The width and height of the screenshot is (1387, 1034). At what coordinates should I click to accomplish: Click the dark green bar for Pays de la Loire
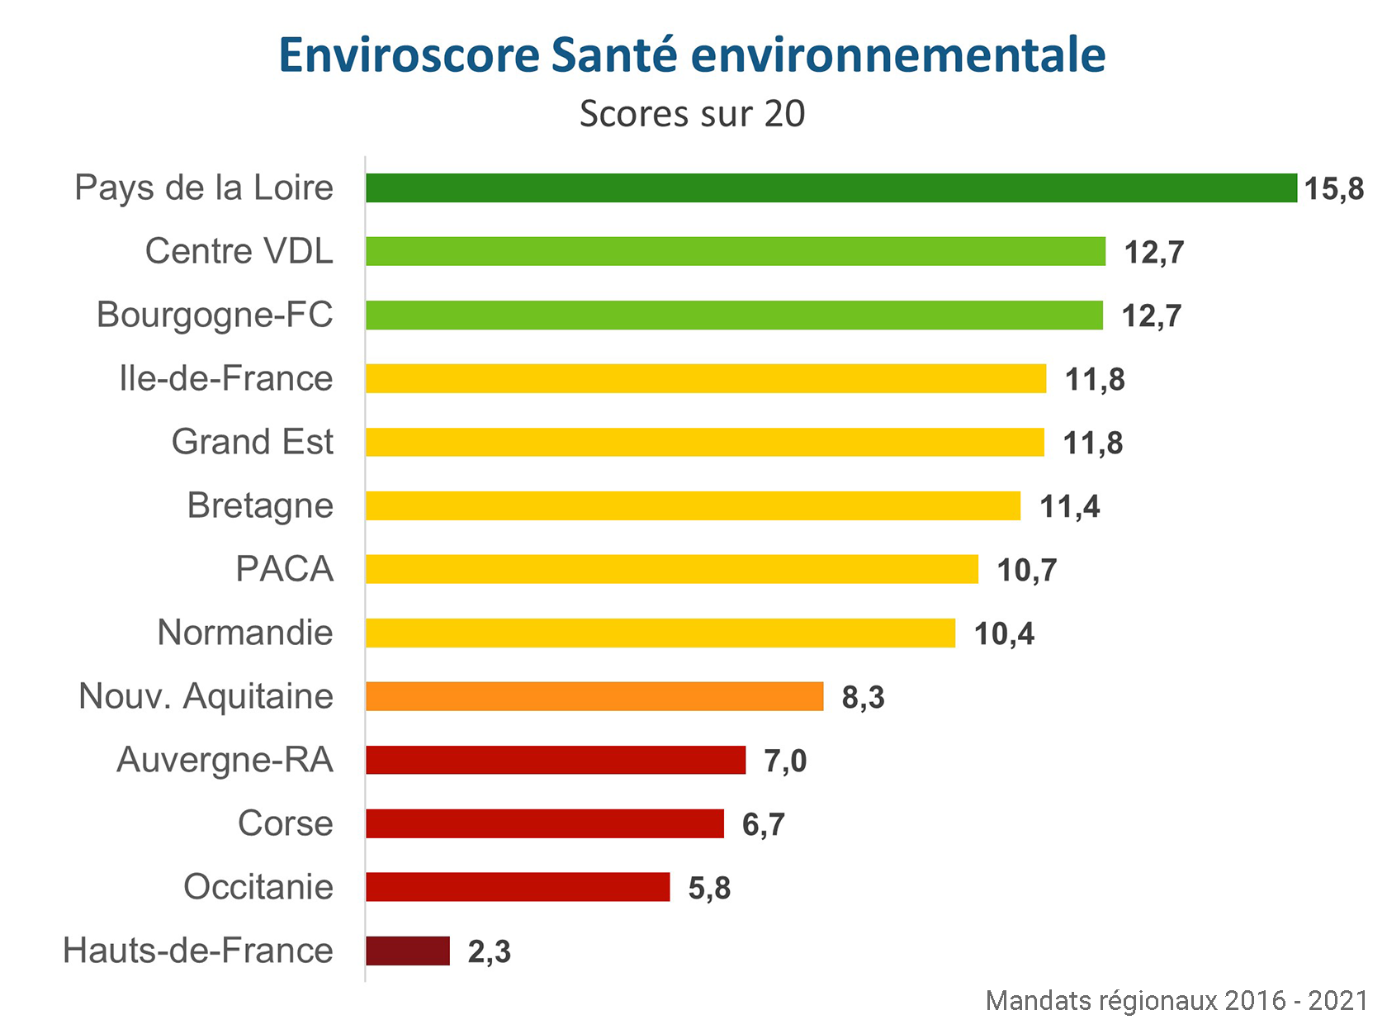831,188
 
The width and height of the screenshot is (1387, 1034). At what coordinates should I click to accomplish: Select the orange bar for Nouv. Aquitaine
594,696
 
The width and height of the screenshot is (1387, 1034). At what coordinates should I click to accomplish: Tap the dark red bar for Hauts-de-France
408,951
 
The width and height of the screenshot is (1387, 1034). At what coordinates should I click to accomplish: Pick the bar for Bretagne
693,505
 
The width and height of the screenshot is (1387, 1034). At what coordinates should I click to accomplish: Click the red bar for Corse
545,823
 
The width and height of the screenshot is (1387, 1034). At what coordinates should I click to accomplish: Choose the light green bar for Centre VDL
735,251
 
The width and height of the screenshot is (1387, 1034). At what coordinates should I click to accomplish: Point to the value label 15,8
1333,189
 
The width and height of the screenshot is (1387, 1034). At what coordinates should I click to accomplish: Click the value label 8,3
863,697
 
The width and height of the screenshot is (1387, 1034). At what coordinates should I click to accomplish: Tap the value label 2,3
489,951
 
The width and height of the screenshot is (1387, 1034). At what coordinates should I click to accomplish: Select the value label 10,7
1026,570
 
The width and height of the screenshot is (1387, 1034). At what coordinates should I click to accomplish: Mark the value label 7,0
784,761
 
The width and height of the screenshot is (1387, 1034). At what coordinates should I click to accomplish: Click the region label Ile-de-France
225,378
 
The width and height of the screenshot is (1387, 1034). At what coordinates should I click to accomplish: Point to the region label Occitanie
258,887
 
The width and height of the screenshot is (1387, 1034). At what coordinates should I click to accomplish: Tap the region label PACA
284,569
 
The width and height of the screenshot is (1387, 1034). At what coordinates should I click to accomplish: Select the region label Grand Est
252,442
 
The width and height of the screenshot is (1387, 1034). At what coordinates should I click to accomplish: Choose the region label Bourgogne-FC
215,315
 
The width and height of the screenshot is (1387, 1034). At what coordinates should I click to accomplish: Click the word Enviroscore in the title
409,55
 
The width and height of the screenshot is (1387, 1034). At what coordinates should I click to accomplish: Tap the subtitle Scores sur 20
692,114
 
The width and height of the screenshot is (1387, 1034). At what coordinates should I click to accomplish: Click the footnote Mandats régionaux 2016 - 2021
1176,1001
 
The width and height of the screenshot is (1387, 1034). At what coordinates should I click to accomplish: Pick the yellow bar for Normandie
660,633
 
